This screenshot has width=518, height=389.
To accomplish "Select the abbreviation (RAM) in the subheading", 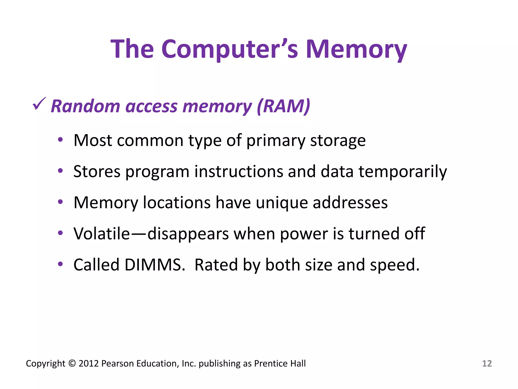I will coord(283,106).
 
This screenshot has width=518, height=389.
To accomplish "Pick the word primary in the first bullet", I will coord(276,141).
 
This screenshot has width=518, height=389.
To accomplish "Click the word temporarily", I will coord(403,172).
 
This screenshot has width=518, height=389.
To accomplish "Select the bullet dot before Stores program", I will coord(60,171).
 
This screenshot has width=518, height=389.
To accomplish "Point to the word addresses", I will coord(350,203).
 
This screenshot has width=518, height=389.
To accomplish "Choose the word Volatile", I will coord(101,234).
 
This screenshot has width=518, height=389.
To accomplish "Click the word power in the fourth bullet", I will coord(304,234).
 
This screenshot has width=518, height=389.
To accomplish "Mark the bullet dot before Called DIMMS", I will coord(60,264).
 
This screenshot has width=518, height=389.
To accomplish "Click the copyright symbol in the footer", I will coord(72,363).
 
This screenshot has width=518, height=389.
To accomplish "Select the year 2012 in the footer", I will coord(89,363).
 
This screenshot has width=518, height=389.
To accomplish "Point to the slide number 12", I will coord(487,363).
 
